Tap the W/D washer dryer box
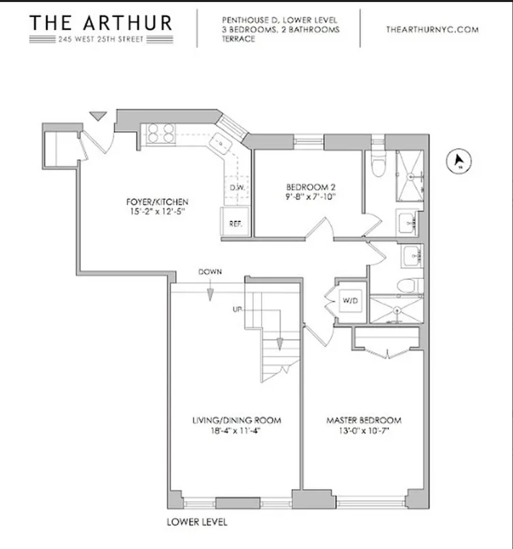click(x=350, y=301)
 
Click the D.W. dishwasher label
click(x=237, y=187)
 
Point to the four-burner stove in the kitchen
click(x=161, y=133)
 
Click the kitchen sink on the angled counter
click(x=222, y=144)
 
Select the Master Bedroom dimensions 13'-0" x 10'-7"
click(x=363, y=432)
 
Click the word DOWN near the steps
click(x=210, y=272)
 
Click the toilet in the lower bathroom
click(x=409, y=286)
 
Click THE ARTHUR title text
click(x=100, y=23)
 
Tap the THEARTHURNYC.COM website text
click(x=432, y=29)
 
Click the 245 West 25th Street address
click(x=100, y=40)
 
